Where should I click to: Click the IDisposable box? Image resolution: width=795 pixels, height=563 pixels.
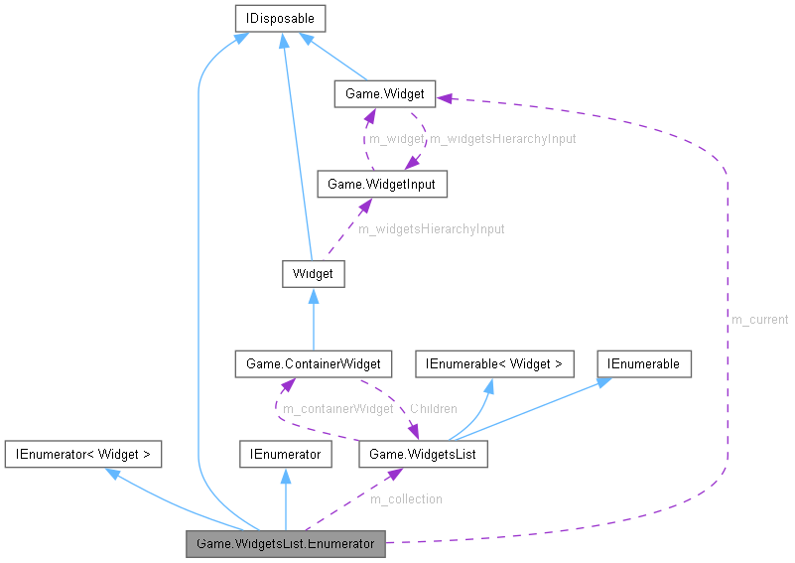coord(280,17)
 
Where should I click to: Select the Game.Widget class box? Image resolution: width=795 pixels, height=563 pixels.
coord(383,94)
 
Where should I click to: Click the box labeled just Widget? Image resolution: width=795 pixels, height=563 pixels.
coord(314,273)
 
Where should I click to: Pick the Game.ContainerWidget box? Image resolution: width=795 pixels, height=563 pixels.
coord(314,363)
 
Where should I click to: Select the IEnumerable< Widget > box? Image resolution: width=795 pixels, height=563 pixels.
coord(493,363)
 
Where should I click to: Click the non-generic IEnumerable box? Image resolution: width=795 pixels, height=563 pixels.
coord(644,363)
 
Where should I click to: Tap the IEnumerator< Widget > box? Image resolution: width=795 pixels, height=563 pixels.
coord(82,454)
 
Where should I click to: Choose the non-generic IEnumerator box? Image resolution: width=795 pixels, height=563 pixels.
coord(285,454)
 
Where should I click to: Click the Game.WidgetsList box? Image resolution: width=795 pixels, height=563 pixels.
coord(423,454)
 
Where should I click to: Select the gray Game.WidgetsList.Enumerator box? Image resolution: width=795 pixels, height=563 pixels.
coord(285,543)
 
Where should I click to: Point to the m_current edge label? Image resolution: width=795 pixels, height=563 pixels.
coord(759,320)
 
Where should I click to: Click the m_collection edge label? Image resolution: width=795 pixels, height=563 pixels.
coord(405,498)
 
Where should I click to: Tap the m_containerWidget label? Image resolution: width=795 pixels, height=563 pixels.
coord(337,409)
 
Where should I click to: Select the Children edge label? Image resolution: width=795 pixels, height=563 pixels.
coord(433,409)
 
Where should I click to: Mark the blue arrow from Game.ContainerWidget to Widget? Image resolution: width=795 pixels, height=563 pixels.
coord(314,323)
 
